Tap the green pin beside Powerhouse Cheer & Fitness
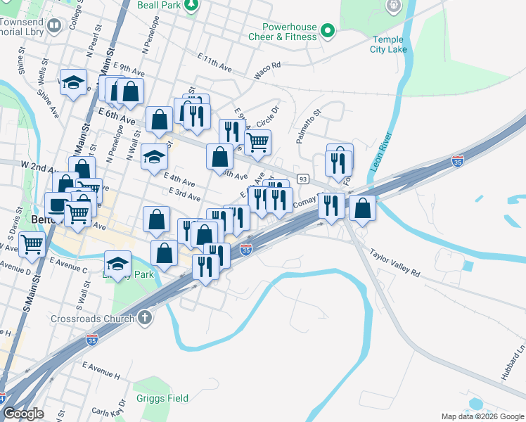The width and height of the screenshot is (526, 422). click(x=327, y=30)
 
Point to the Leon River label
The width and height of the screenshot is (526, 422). click(x=387, y=151)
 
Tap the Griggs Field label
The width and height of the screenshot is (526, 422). click(x=161, y=398)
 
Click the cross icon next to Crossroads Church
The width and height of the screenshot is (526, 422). click(x=146, y=318)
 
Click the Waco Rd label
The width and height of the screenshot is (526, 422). click(x=267, y=69)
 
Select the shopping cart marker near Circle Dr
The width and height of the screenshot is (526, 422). click(x=258, y=143)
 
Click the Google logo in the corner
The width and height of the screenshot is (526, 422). click(x=23, y=414)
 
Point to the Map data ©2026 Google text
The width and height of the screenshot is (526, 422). click(x=482, y=416)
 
